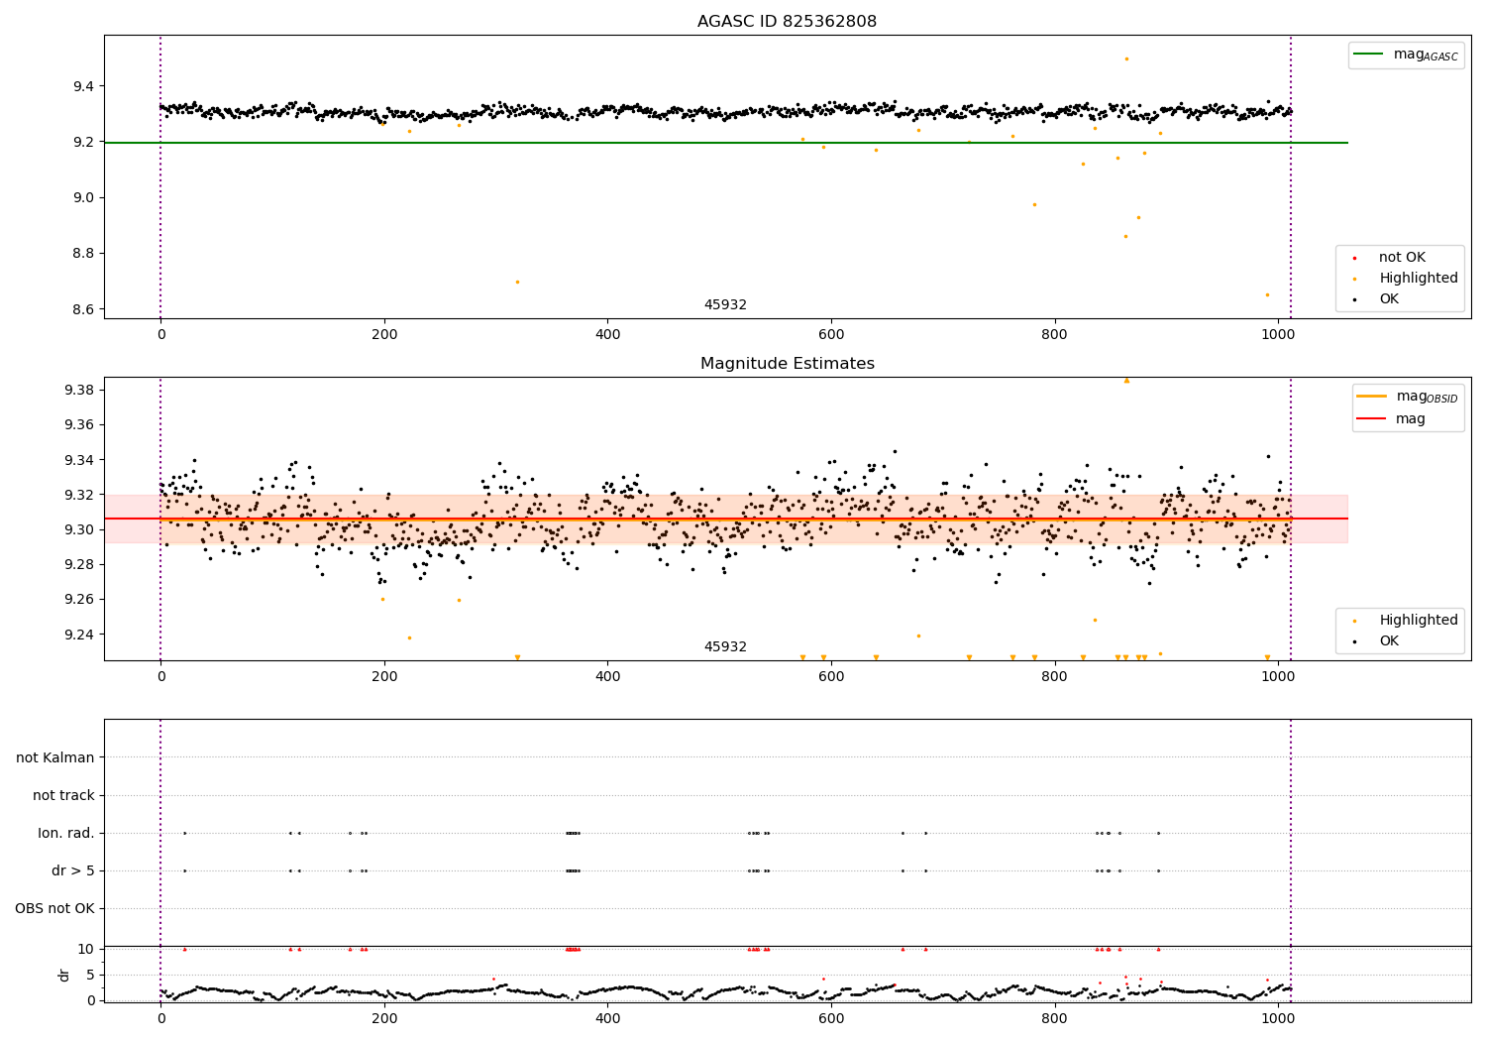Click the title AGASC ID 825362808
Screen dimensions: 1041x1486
(x=787, y=22)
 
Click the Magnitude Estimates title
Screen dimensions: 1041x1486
(x=787, y=364)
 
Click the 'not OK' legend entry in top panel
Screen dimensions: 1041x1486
(x=1402, y=258)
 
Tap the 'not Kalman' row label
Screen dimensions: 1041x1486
(x=55, y=757)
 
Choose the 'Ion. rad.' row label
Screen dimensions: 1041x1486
(x=66, y=833)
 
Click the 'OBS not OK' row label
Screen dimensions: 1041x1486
(x=54, y=908)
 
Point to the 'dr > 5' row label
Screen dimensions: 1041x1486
(x=72, y=870)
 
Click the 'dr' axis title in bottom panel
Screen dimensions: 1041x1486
(x=64, y=975)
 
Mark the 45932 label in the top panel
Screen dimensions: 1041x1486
(x=725, y=305)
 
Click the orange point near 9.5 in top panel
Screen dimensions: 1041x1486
(x=1126, y=58)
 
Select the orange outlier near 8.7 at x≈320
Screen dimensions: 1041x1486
(x=517, y=282)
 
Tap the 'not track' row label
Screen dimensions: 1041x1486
(x=63, y=795)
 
